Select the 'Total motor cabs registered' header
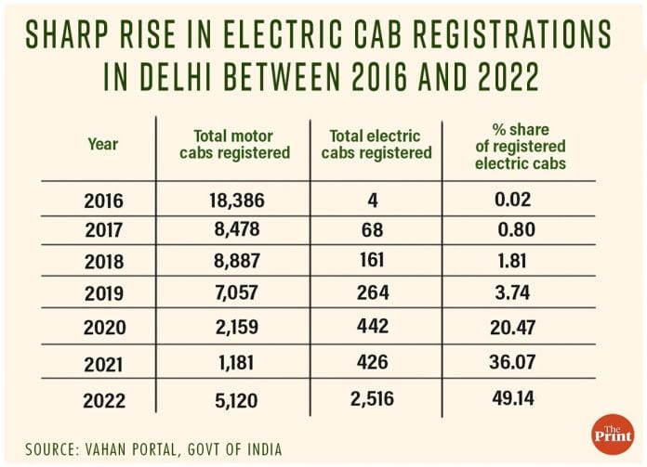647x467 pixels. [242, 144]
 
